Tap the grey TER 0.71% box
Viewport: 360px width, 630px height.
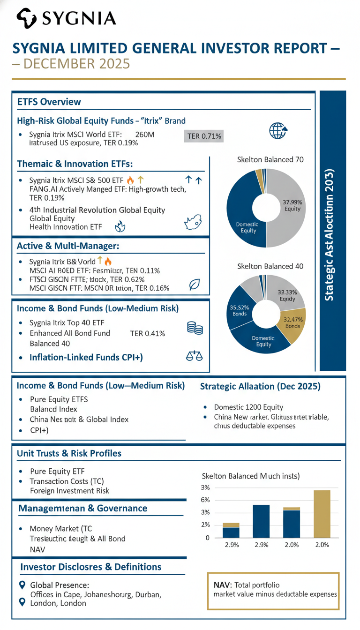204,136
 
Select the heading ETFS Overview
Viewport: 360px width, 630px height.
49,102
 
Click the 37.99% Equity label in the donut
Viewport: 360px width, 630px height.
292,205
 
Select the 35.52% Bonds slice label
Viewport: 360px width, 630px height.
239,310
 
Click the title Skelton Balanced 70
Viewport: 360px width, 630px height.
270,159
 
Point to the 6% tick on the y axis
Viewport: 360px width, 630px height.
205,500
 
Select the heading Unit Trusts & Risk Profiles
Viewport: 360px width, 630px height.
69,453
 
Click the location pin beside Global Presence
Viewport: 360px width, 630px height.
21,585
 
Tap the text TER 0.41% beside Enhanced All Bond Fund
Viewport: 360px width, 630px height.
147,333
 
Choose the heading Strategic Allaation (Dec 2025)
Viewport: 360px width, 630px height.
260,387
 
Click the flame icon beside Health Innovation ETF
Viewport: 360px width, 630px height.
120,227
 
